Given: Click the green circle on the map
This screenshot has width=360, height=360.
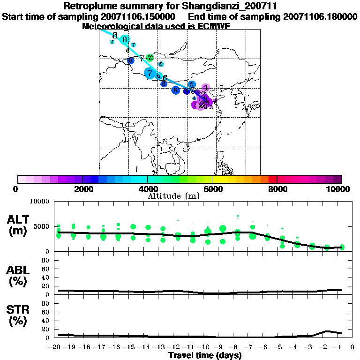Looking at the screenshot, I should coord(150,58).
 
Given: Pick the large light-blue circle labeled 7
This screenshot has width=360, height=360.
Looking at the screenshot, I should coord(150,73).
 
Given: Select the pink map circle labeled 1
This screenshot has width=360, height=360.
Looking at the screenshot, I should coord(206,87).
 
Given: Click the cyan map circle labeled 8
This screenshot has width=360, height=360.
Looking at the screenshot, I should coord(124,40).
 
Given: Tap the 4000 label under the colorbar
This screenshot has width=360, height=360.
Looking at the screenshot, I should coord(147,189).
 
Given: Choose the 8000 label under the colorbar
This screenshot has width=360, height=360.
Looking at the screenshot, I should coord(277,189).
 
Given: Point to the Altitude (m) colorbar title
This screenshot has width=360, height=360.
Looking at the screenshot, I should coord(173,196).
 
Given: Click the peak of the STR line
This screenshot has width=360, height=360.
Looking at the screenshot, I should coord(327,331).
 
